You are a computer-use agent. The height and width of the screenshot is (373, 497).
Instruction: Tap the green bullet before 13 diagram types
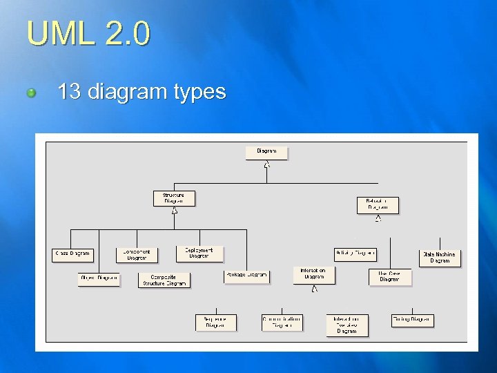click(31, 93)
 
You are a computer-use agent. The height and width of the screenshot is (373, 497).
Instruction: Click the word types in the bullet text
click(200, 91)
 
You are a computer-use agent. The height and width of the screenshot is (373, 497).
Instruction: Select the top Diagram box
click(266, 152)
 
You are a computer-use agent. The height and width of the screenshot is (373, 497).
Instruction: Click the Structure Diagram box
click(174, 198)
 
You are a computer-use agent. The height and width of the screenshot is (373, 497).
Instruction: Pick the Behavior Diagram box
click(378, 204)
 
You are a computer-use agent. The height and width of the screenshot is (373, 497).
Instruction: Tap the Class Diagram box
click(72, 254)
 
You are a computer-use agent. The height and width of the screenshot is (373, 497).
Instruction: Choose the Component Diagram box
click(137, 254)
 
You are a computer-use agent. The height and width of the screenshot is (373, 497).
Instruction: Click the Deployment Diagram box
click(199, 254)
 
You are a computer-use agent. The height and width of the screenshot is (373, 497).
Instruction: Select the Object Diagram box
click(99, 278)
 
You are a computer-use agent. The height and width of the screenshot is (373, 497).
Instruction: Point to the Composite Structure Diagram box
click(164, 280)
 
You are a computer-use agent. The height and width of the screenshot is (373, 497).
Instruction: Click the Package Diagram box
click(246, 276)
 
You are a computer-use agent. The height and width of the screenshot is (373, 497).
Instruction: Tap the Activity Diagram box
click(355, 254)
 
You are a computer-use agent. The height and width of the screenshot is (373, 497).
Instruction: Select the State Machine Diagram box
click(440, 258)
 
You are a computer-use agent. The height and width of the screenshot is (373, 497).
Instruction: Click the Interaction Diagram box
click(314, 274)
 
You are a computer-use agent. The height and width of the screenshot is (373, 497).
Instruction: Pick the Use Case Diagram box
click(389, 276)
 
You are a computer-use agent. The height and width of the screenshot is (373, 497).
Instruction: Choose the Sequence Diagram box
click(215, 323)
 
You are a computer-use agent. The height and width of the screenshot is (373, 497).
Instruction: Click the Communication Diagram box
click(282, 323)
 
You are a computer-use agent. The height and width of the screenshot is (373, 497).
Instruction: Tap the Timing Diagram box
click(412, 320)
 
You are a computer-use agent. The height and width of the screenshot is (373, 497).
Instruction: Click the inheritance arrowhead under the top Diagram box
click(266, 164)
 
